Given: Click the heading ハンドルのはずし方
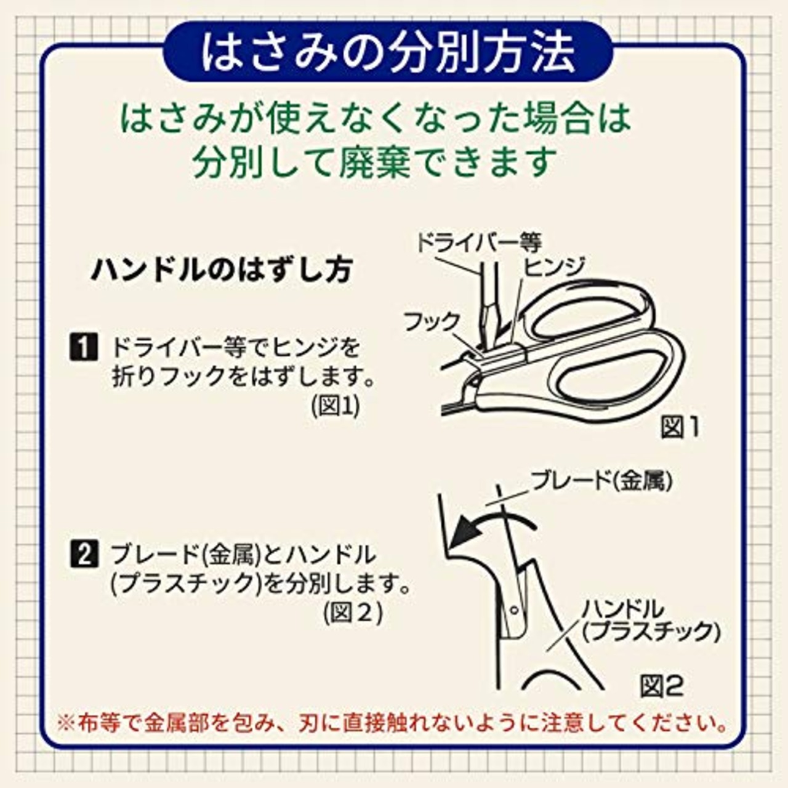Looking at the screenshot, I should coord(222,270).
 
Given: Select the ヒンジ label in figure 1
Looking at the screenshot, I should coord(553,266).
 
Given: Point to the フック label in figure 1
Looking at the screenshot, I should coord(432,321).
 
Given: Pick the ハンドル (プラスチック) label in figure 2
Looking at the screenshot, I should coord(649,621).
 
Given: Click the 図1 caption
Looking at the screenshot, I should coord(680,427).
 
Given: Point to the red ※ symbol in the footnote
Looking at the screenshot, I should coord(65,722).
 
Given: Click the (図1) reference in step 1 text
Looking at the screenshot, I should coord(336,406).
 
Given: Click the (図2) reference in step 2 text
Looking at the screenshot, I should coord(353,613).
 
